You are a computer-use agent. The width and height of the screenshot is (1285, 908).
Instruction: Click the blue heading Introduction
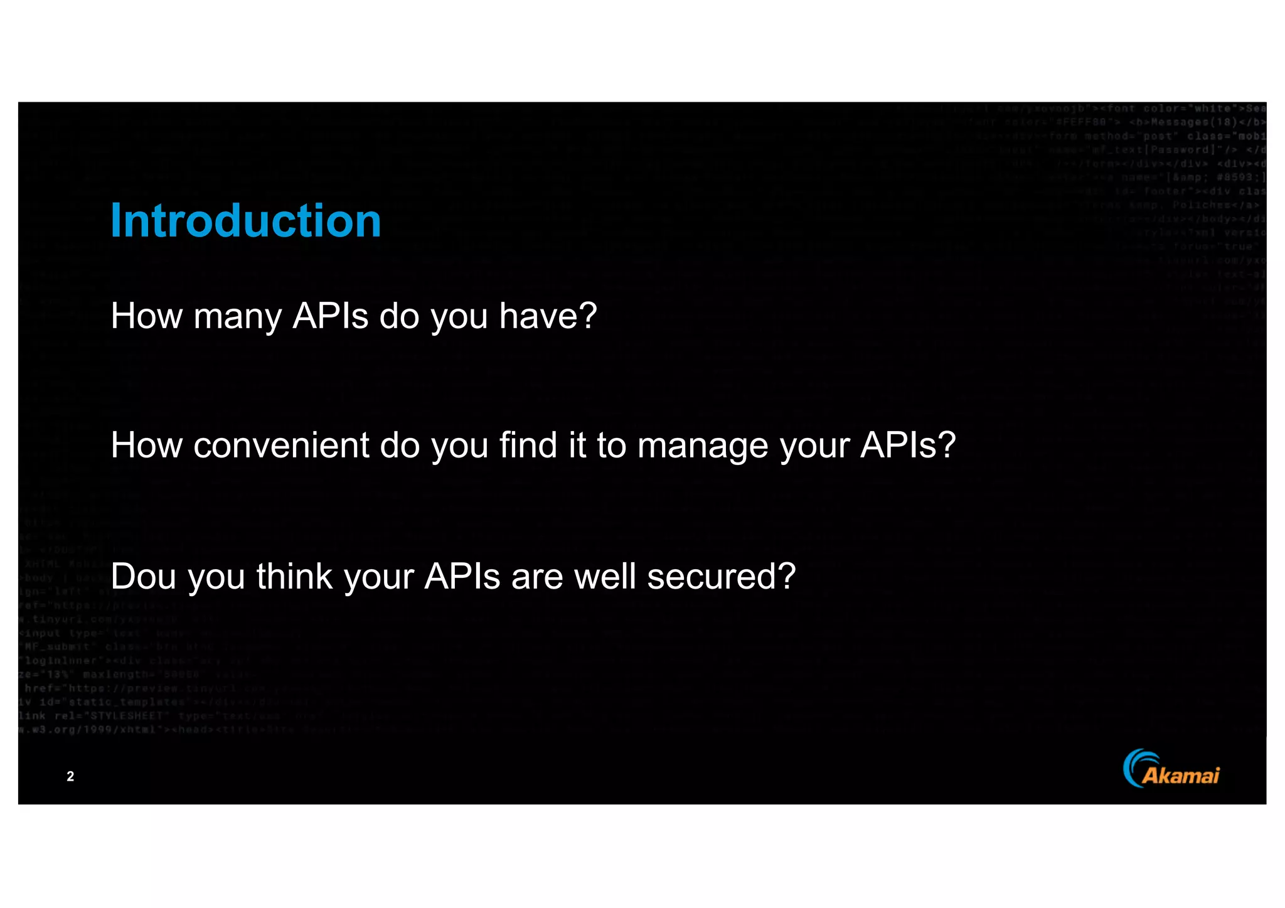click(245, 221)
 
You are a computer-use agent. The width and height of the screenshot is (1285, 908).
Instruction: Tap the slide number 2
click(70, 776)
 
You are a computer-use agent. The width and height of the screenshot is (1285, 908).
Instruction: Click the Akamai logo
click(1171, 769)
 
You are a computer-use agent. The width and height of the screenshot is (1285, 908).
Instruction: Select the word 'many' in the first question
click(237, 317)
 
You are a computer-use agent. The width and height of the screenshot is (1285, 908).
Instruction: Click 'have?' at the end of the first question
click(548, 316)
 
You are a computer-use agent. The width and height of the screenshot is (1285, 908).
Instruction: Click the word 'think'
click(294, 576)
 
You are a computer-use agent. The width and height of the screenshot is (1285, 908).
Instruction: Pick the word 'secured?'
click(721, 576)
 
